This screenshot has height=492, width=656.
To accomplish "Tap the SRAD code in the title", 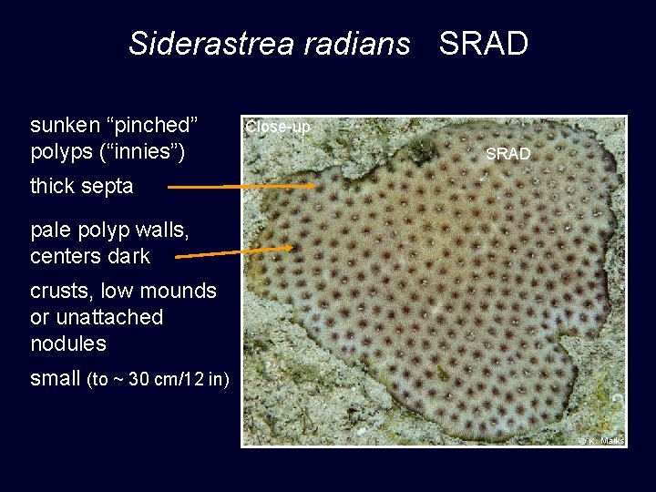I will (x=483, y=44).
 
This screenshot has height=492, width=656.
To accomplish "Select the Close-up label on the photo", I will (x=278, y=128).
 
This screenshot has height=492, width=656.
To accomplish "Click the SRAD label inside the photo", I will (x=507, y=155).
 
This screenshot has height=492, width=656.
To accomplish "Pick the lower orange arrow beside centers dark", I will (x=233, y=252).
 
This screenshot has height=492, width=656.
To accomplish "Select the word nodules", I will (x=68, y=344).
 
